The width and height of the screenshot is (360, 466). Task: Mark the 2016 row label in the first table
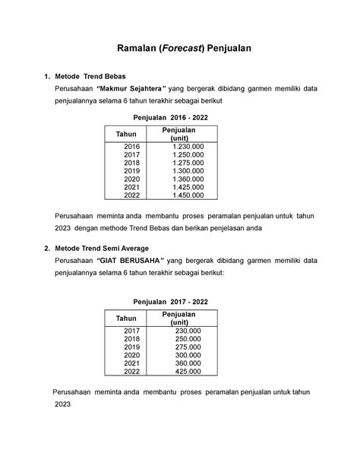coord(132,146)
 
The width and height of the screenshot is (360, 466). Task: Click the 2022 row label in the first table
coord(132,195)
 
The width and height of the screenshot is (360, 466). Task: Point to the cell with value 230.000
coord(188,331)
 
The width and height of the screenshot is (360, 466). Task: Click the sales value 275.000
coord(188,347)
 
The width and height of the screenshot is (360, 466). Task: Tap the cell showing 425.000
coord(188,372)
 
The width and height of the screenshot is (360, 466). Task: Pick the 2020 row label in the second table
coord(132,355)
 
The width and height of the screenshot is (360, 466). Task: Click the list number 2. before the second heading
coord(48,248)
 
